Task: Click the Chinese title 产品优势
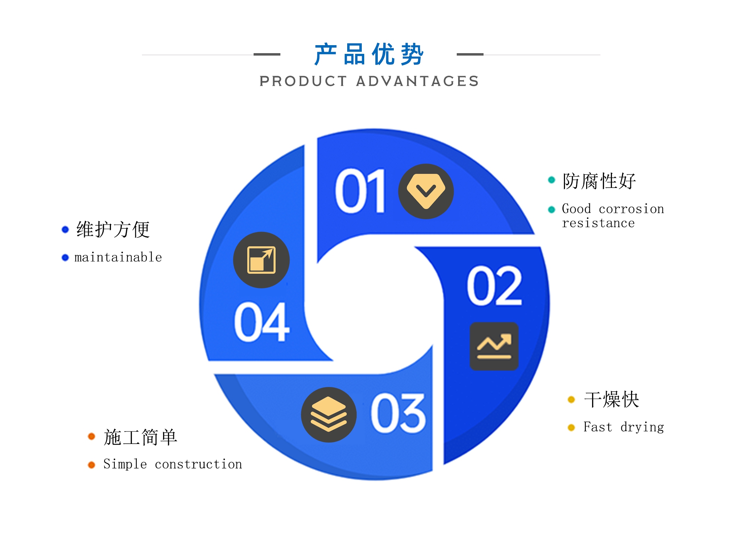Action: click(x=369, y=55)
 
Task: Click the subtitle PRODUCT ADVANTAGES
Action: click(x=369, y=81)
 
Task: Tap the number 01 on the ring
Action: click(x=360, y=191)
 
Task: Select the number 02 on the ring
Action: click(x=494, y=286)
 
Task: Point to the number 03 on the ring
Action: click(x=398, y=413)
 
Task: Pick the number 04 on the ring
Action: click(x=262, y=322)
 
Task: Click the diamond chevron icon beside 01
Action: click(x=426, y=191)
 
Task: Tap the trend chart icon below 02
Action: click(x=494, y=346)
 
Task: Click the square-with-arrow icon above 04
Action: click(x=261, y=260)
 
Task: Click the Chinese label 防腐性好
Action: click(x=599, y=181)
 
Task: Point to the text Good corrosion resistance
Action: click(x=613, y=216)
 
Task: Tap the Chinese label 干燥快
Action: click(x=612, y=399)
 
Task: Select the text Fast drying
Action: click(x=624, y=427)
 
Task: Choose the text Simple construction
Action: click(x=173, y=464)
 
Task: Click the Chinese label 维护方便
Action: click(x=113, y=229)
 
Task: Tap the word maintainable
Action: click(x=118, y=257)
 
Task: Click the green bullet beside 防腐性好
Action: click(x=551, y=180)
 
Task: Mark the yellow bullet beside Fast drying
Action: click(x=571, y=428)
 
